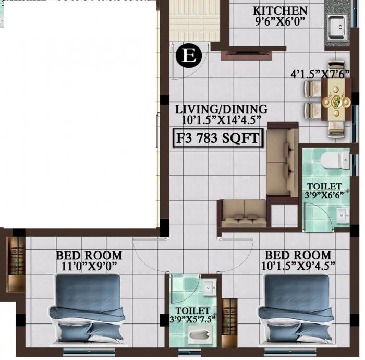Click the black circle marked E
pyautogui.click(x=188, y=56)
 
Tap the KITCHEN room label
pyautogui.click(x=279, y=10)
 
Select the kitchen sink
pyautogui.click(x=336, y=24)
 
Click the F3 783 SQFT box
pyautogui.click(x=218, y=139)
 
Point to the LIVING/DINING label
pyautogui.click(x=221, y=109)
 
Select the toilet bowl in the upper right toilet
pyautogui.click(x=334, y=161)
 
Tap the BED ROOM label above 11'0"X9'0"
pyautogui.click(x=89, y=256)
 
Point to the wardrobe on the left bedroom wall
pyautogui.click(x=15, y=264)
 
